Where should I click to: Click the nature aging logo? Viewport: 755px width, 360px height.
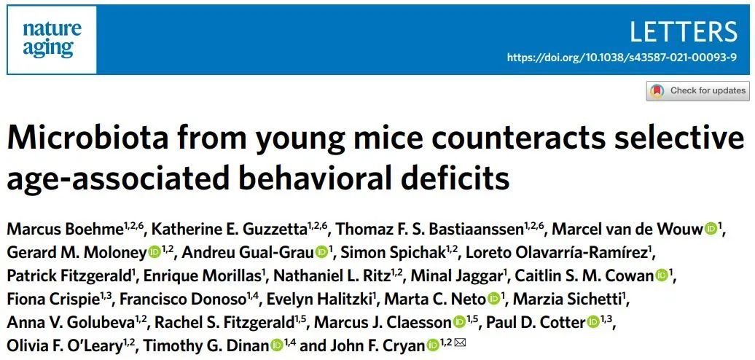tap(52, 39)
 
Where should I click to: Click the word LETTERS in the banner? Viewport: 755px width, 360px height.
tap(682, 32)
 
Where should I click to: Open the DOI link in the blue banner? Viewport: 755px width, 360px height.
tap(622, 57)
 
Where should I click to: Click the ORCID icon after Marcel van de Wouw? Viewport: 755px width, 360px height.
tap(710, 230)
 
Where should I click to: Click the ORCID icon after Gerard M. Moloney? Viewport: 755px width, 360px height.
tap(154, 253)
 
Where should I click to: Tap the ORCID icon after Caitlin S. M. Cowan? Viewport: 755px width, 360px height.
tap(662, 276)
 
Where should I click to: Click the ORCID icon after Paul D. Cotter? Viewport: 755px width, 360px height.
tap(593, 322)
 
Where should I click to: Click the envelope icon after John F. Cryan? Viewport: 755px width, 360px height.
tap(459, 344)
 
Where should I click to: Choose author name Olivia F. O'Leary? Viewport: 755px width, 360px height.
tap(65, 345)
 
